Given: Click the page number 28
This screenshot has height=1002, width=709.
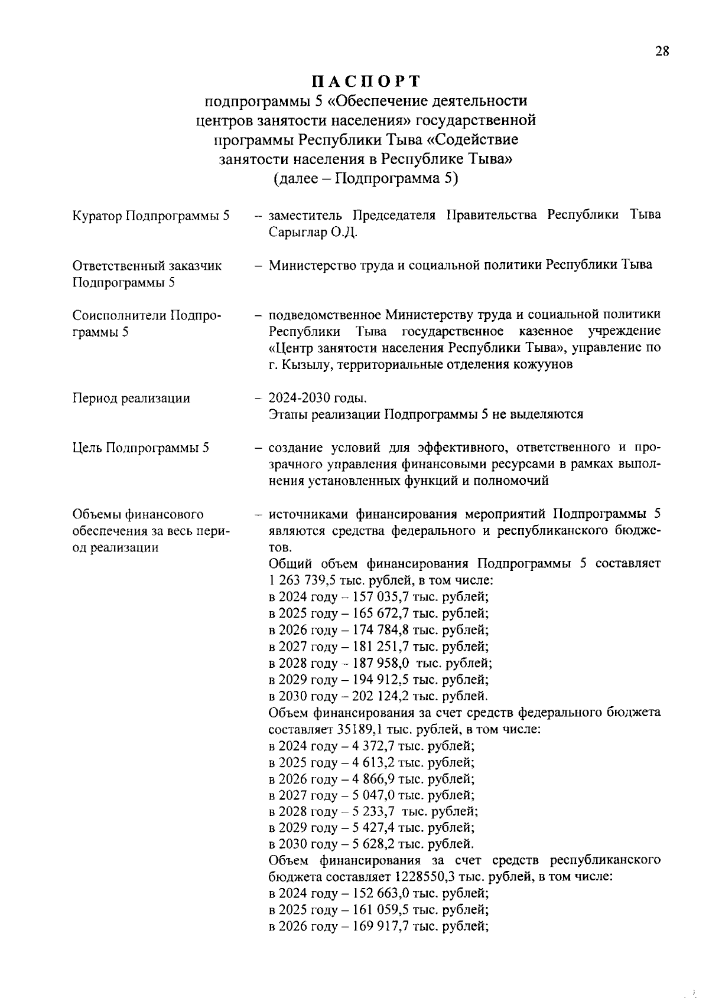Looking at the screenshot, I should pyautogui.click(x=662, y=51).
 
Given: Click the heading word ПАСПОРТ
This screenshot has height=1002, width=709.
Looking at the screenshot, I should pyautogui.click(x=366, y=81).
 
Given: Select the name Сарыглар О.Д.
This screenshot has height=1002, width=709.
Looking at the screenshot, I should pyautogui.click(x=313, y=232).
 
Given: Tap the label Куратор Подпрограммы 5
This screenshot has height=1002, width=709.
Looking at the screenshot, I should pyautogui.click(x=151, y=216).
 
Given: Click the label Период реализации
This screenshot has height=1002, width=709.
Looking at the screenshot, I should pyautogui.click(x=131, y=399).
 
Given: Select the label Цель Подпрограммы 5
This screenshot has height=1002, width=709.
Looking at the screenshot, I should pyautogui.click(x=141, y=448).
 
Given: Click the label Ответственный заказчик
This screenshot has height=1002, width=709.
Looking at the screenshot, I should pyautogui.click(x=147, y=266).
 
